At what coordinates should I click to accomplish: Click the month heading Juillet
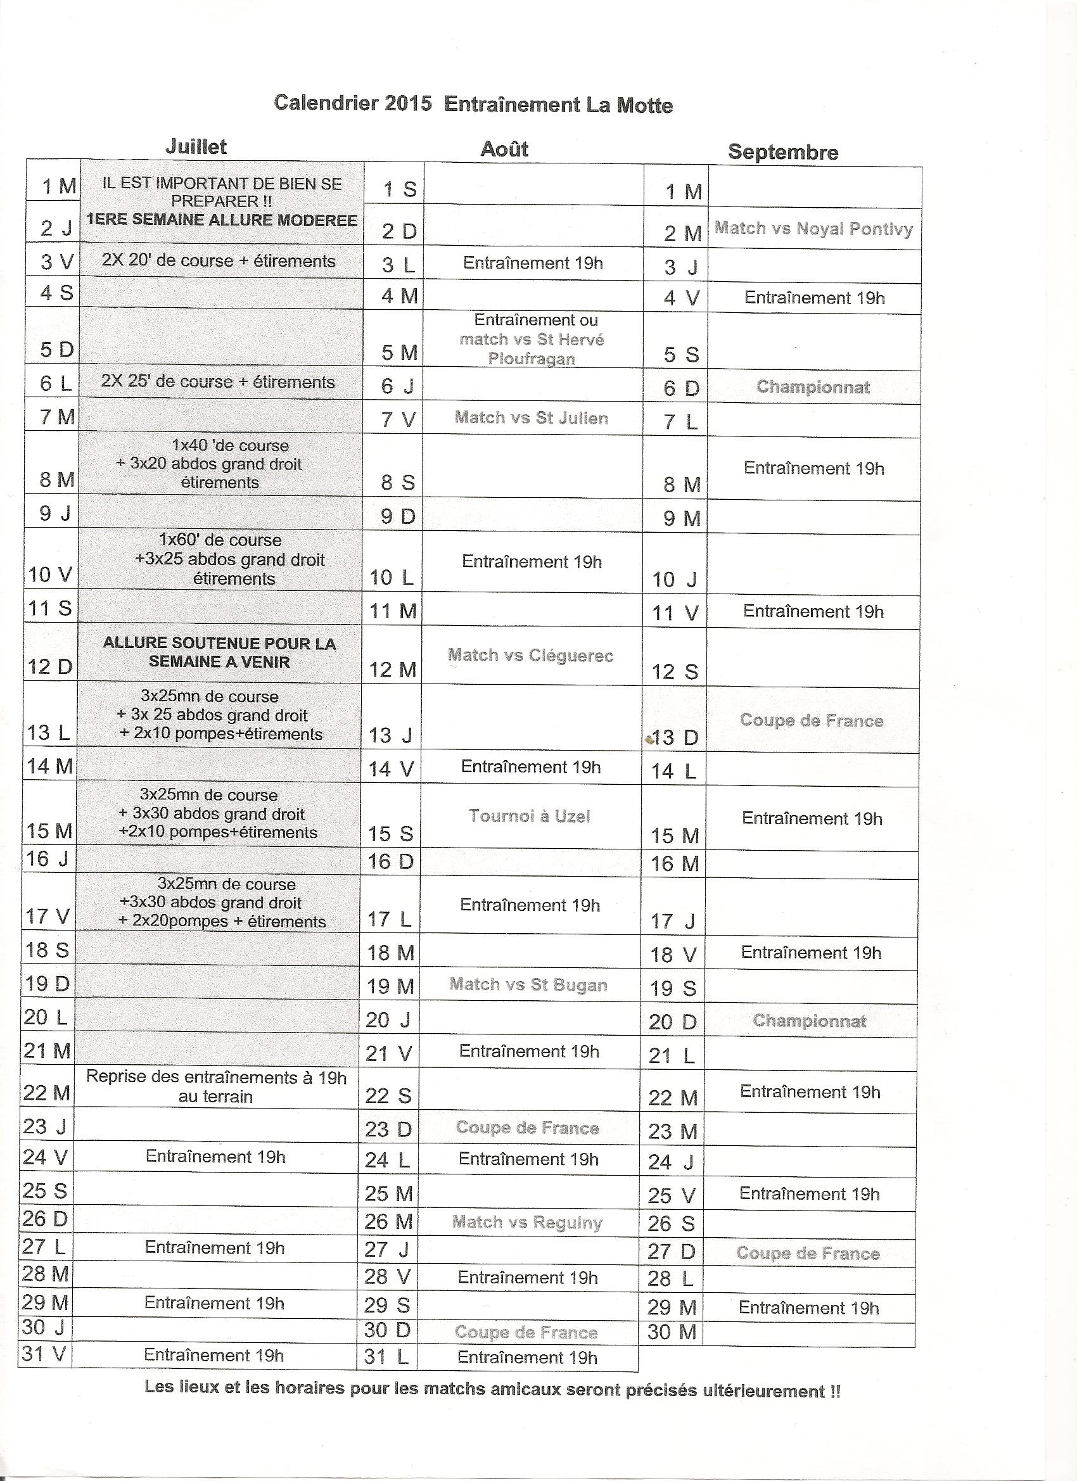coord(195,146)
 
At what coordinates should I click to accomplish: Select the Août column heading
coord(504,149)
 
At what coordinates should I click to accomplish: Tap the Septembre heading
coord(782,152)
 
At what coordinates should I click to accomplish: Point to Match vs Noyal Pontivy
coord(813,229)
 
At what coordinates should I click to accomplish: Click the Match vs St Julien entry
coord(531,418)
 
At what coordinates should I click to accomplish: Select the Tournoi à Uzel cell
coord(529,817)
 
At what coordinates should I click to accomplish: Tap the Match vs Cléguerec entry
coord(530,656)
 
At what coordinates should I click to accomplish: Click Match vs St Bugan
coord(528,985)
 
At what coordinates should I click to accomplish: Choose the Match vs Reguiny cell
coord(526,1223)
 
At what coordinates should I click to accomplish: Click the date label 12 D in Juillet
coord(49,667)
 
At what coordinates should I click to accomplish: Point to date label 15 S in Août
coord(390,834)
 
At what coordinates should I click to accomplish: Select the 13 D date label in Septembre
coord(675,738)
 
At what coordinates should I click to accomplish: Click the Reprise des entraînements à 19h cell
coord(215,1086)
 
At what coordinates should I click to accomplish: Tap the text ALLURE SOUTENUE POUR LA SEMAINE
coord(219,652)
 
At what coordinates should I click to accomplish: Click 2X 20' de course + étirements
coord(218,261)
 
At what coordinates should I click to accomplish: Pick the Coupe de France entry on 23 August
coord(527,1128)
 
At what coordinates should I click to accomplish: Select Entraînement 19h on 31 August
coord(526,1357)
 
